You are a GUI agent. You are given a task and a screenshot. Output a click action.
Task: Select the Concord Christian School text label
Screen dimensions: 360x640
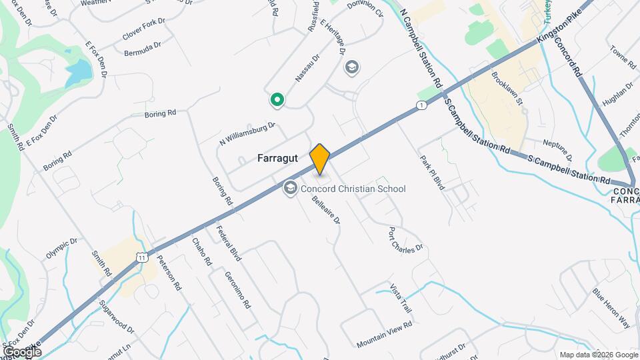(353, 189)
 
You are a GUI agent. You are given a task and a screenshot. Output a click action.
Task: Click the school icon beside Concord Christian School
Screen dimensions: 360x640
(290, 189)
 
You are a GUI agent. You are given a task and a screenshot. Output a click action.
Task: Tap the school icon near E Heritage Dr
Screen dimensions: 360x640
(351, 67)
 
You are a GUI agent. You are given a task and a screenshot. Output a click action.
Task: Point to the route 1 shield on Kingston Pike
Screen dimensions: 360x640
(421, 105)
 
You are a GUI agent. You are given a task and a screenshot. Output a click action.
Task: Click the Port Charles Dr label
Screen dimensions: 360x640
(406, 240)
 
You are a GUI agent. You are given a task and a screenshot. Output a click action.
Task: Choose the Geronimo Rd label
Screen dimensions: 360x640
(237, 290)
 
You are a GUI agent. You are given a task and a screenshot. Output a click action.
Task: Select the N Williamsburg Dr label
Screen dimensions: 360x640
(247, 133)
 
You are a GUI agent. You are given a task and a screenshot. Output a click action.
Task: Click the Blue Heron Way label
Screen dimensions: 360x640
(611, 308)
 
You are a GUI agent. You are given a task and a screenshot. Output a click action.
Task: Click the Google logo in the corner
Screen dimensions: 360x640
(22, 351)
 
